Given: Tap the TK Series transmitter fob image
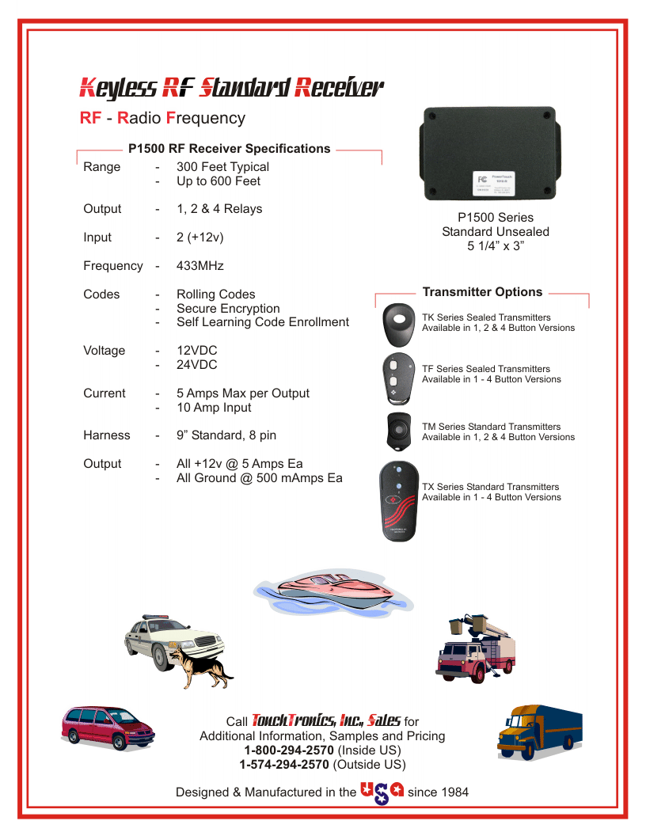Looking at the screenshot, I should click(x=399, y=323).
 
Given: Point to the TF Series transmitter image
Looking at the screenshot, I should click(x=396, y=378).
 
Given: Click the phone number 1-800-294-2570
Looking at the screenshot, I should click(x=289, y=750).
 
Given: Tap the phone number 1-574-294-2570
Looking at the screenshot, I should click(x=284, y=765).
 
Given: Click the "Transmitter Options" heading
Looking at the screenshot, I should click(x=482, y=292).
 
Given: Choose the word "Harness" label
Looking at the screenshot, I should click(x=107, y=435).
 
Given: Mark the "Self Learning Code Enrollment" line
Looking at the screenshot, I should click(x=262, y=322).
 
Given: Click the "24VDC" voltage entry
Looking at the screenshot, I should click(x=197, y=365).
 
